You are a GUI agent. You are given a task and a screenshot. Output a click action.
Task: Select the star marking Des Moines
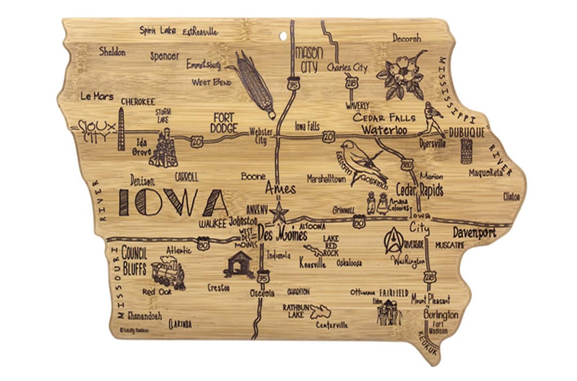coord(278,212)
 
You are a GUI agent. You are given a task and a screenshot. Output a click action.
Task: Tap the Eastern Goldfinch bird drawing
coord(363,160)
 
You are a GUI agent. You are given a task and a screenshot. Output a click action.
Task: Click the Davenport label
coord(474,233)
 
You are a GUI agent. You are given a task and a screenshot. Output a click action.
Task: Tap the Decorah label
coord(407,38)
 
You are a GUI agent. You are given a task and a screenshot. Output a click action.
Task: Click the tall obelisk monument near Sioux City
coord(121,129)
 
